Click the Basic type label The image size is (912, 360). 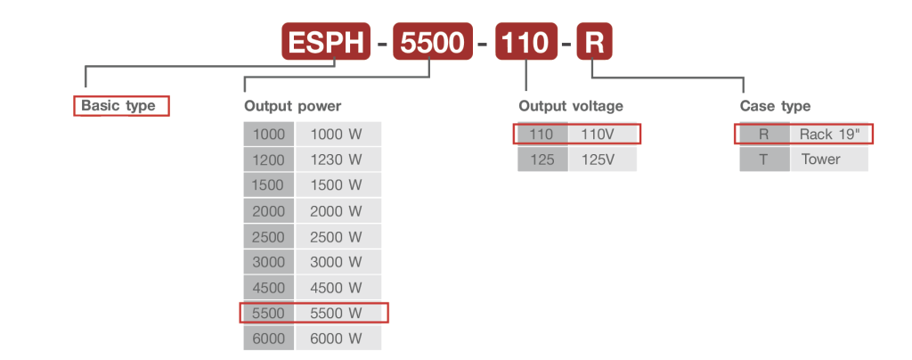pos(118,106)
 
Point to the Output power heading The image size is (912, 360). pos(292,106)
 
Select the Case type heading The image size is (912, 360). pos(775,106)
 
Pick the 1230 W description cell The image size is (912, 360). pos(338,160)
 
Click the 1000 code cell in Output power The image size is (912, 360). pos(268,135)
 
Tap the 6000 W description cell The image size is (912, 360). pos(338,339)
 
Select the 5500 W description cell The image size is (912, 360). pos(338,313)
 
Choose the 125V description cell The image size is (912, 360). pos(602,160)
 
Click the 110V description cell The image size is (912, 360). pos(602,135)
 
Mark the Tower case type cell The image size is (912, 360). pos(827,160)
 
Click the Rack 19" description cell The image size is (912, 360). pos(827,135)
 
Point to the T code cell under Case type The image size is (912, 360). pos(764,160)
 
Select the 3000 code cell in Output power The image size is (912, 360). pos(268,262)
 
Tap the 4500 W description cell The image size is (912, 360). pos(338,288)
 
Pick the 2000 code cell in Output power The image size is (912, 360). pos(268,211)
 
